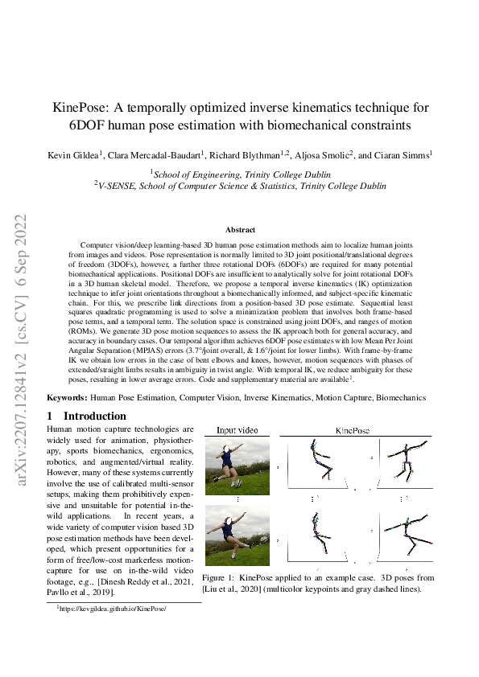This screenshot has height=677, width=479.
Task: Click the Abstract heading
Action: (x=239, y=230)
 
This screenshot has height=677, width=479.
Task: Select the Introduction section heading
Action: (x=94, y=416)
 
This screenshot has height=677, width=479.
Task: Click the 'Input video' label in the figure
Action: (x=237, y=431)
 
